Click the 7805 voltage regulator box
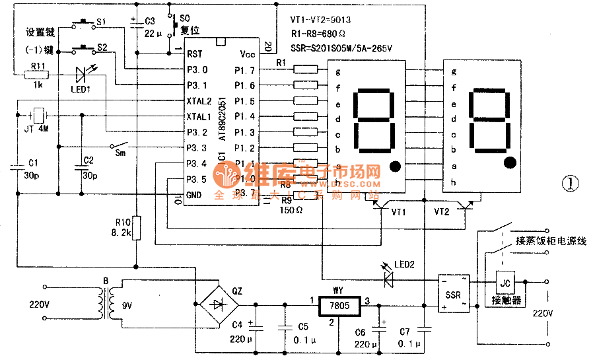coord(337,306)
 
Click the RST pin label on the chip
coord(195,54)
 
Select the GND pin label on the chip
coord(195,195)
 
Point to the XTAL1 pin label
coord(199,116)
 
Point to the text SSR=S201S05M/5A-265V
coord(341,48)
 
